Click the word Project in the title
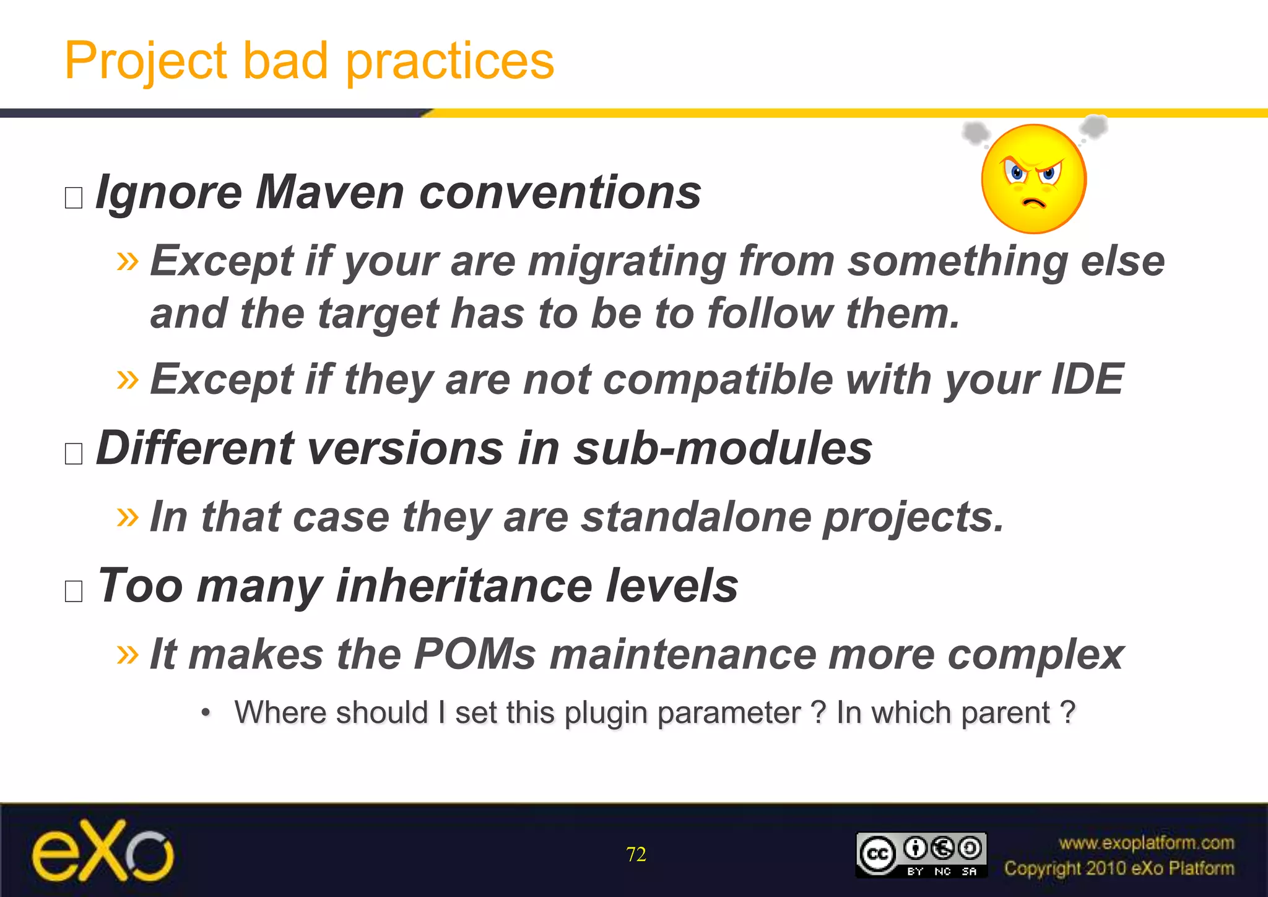146,62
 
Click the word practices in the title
449,62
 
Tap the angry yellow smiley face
1033,178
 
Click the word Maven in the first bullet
329,193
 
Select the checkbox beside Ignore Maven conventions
74,198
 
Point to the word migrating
627,261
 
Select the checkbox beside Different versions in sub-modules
74,453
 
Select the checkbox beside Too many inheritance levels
74,591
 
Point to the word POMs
475,654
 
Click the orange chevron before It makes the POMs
128,654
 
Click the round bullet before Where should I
206,713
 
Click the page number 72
636,854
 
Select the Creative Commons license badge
921,855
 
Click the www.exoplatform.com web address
1146,843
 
